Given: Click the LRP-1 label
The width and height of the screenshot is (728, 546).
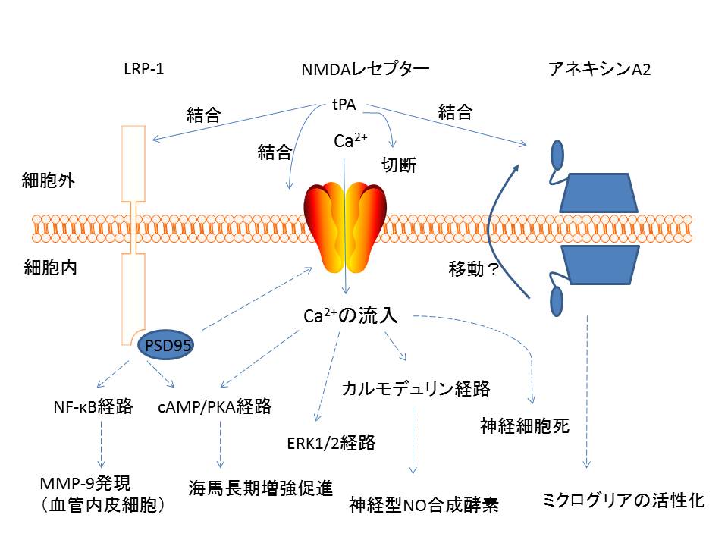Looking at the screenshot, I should click(143, 70).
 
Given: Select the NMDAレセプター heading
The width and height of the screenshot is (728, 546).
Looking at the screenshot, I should click(365, 70).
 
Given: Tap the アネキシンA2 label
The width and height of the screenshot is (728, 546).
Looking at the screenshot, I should click(599, 70).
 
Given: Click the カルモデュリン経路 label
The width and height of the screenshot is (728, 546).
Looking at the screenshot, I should click(416, 390).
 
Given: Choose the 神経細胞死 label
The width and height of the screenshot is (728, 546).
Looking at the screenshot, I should click(524, 425).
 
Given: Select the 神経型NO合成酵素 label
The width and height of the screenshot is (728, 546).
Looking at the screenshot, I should click(424, 504).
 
